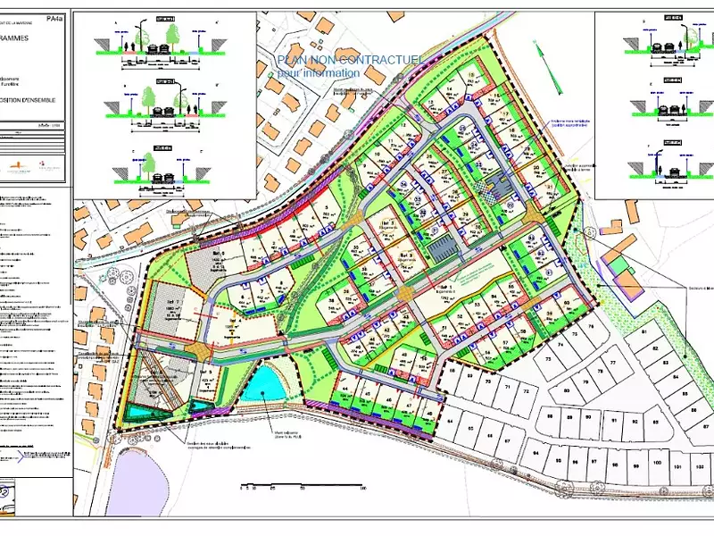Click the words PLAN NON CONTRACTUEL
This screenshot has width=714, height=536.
(x=349, y=59)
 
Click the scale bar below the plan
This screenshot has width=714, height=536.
(x=303, y=488)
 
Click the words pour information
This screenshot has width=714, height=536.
(x=319, y=72)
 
